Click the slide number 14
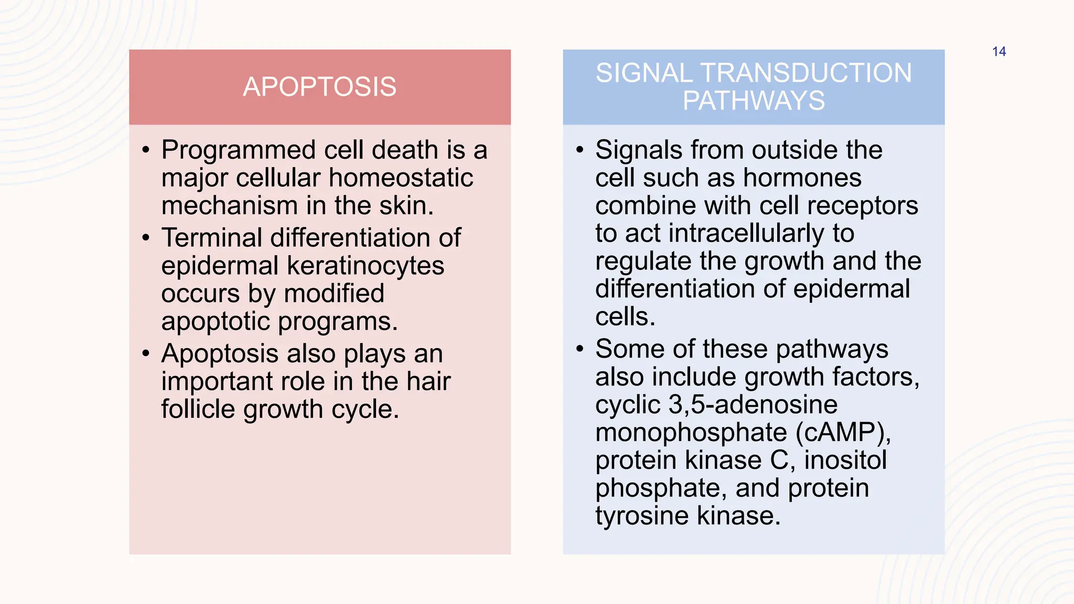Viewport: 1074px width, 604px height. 998,52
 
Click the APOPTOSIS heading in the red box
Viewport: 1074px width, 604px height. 319,87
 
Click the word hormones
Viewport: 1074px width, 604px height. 802,178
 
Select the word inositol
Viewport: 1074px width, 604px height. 845,460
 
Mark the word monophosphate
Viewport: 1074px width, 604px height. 691,433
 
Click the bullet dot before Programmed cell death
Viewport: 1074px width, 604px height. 146,151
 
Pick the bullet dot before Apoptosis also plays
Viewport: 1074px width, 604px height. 146,353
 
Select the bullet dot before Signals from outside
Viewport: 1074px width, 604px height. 579,151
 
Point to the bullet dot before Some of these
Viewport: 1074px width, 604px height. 579,349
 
